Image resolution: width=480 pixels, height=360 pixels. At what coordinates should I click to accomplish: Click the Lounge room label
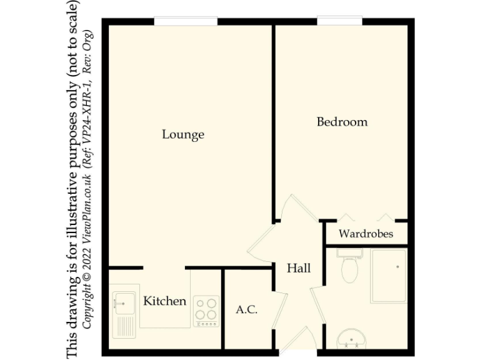pos(183,134)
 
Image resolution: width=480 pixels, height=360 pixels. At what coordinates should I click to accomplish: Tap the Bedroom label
pos(342,122)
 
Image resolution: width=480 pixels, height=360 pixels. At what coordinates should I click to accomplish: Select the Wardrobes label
pos(366,234)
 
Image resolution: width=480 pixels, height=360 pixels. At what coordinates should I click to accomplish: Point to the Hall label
pos(299,269)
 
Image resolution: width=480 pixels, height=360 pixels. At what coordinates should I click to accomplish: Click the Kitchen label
pos(165,301)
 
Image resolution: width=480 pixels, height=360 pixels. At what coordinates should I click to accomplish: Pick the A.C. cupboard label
pos(247,310)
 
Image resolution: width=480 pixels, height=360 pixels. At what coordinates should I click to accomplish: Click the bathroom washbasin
pos(354,341)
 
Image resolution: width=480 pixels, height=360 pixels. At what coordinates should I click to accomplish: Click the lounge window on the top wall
pos(186,22)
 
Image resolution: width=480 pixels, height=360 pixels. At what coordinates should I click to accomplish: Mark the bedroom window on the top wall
pos(339,22)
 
